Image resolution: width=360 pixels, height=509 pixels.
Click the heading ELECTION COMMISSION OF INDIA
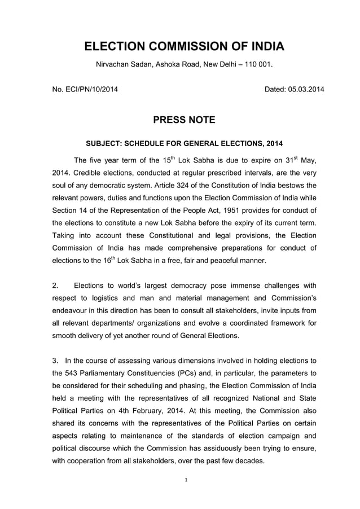(x=181, y=46)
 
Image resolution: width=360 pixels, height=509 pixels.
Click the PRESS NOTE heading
(x=180, y=120)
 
